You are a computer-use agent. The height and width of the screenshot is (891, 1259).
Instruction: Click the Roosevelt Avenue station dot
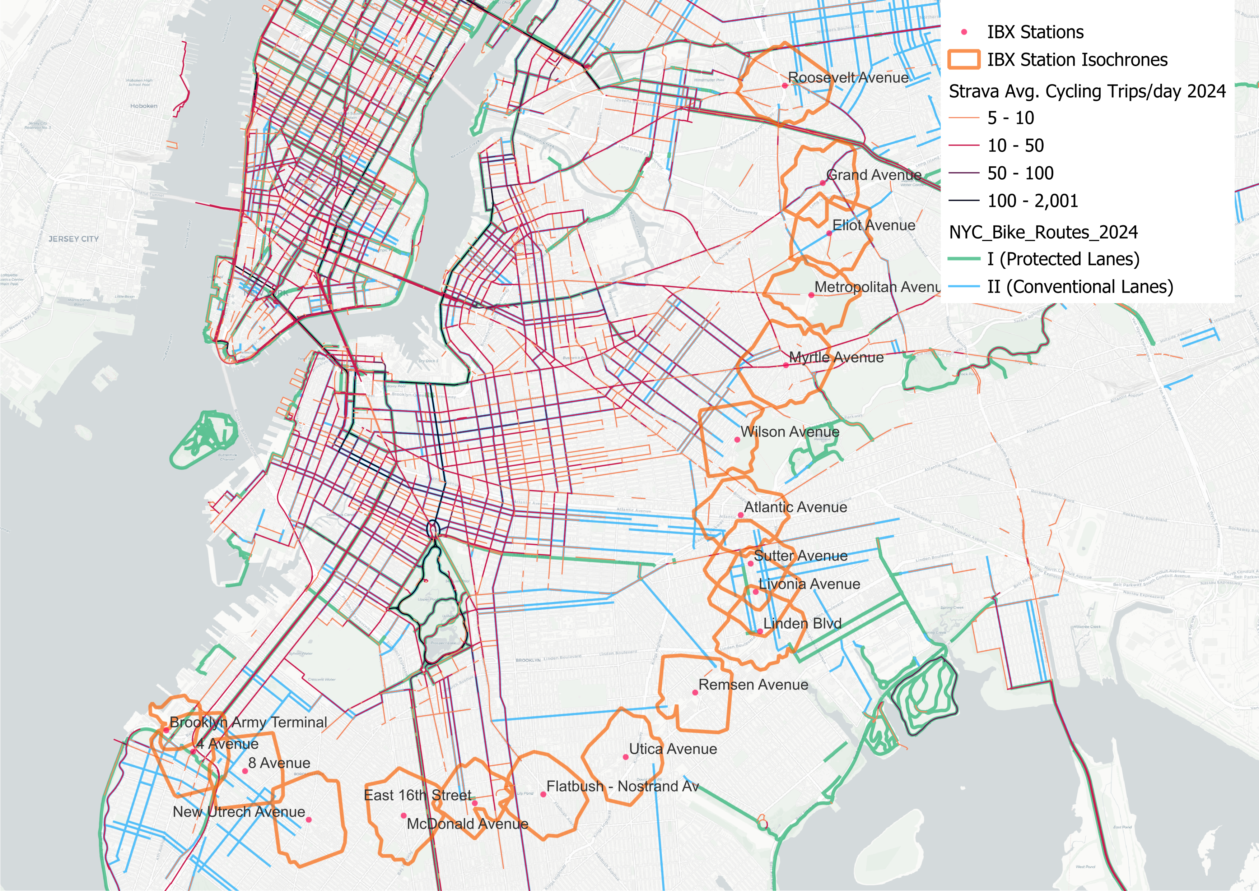785,86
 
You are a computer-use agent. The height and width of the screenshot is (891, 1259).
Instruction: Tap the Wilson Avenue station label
790,432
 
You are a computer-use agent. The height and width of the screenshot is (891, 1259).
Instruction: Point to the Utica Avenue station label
673,749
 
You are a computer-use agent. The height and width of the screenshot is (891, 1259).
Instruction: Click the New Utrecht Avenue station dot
309,820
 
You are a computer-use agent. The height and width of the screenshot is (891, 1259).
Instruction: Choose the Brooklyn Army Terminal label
248,722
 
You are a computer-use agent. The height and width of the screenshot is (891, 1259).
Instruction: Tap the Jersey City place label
74,239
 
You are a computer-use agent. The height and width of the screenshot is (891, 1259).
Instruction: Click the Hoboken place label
144,106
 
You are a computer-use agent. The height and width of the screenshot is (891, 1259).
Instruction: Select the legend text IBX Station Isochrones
1077,59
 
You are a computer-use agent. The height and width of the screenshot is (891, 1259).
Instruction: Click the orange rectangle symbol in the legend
964,59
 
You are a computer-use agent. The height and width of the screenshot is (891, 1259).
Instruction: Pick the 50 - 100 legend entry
1020,173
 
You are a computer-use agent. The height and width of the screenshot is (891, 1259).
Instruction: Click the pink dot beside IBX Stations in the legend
964,32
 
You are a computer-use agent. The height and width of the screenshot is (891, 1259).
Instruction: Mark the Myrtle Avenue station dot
786,365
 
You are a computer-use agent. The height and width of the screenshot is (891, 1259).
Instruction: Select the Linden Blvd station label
802,623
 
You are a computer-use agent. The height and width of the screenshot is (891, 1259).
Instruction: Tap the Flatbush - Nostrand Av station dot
543,794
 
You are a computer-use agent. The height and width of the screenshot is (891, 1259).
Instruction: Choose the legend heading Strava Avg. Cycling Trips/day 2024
1087,91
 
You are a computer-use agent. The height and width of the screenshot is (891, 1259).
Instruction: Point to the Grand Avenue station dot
822,183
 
